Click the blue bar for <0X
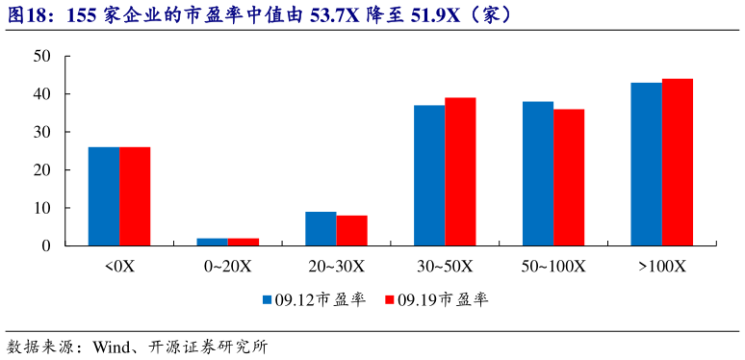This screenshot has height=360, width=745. pos(104,196)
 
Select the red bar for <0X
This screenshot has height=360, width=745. pos(135,196)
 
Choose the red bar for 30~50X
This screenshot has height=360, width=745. pos(460,171)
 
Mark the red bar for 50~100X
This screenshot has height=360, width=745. pos(569,177)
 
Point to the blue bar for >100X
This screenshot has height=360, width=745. pos(646,164)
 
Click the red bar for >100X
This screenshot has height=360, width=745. pos(678,162)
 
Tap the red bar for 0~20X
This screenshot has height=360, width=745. pos(244,242)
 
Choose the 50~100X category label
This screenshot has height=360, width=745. pos(553,266)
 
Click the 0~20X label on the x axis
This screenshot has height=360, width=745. pos(228,266)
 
